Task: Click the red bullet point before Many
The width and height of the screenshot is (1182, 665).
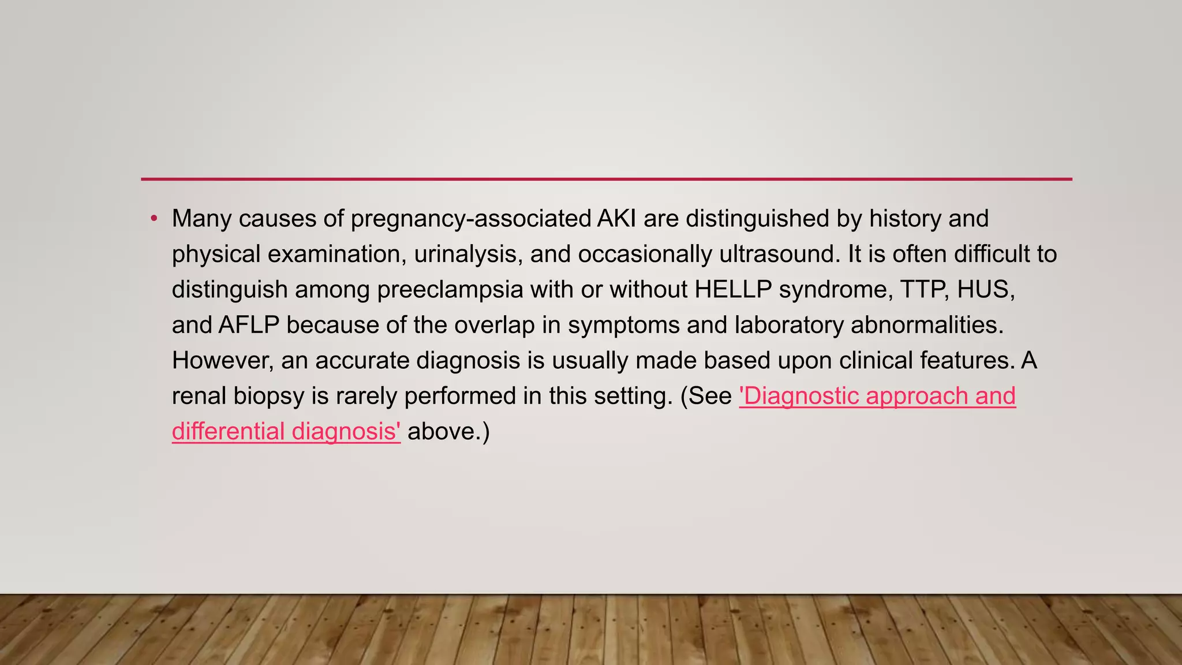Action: tap(154, 219)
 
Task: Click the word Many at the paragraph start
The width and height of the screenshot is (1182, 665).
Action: tap(201, 219)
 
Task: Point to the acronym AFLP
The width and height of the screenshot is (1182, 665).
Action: tap(249, 326)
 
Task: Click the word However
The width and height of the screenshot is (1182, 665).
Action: tap(222, 361)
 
